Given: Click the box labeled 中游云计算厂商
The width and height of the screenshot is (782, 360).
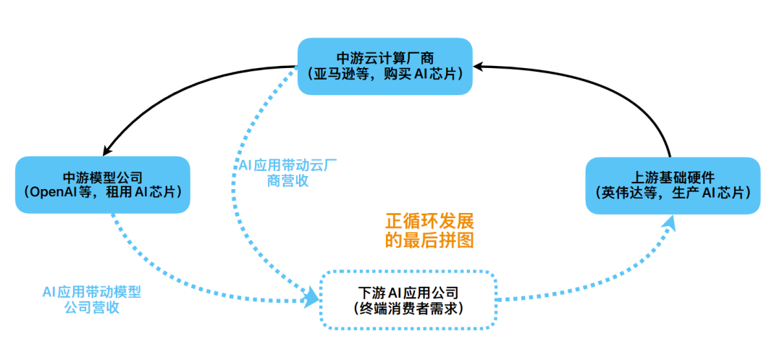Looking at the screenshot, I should [x=385, y=65].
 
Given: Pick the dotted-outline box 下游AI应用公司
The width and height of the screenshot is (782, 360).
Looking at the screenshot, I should [x=408, y=300].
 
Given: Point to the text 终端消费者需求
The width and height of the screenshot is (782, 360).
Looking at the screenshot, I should [x=408, y=309].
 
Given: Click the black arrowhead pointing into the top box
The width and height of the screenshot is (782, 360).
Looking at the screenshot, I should [x=482, y=67].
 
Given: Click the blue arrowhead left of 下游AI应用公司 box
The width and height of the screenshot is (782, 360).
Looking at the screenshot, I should [x=312, y=297].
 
